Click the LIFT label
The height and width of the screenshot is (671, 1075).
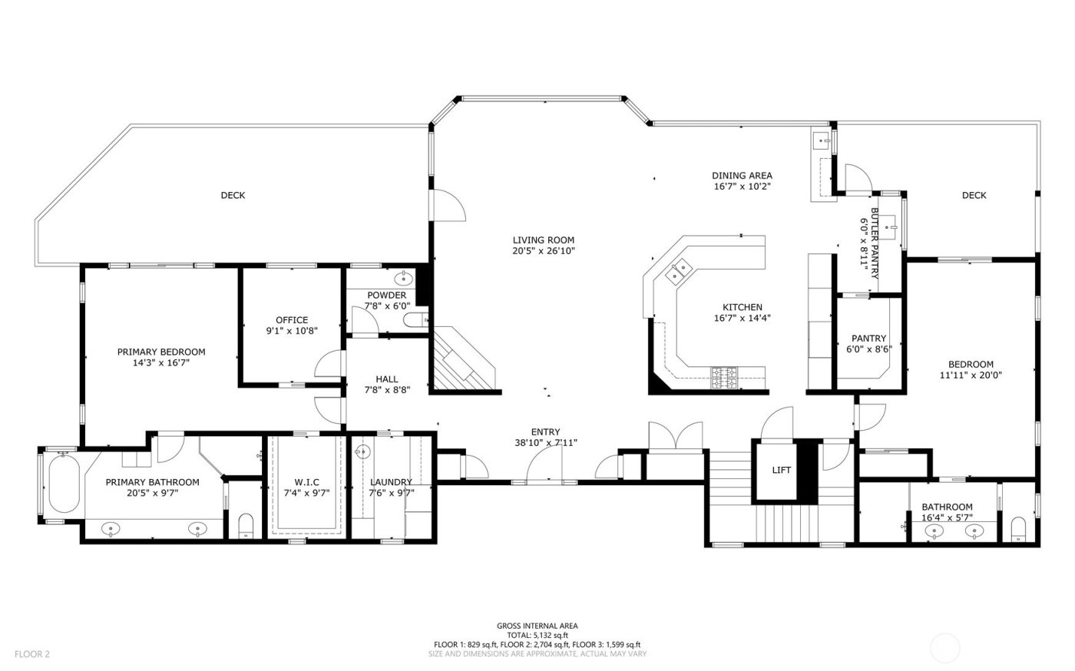click(x=782, y=471)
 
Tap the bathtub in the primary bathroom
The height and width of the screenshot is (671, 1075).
click(x=64, y=484)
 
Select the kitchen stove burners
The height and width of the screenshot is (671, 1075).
click(x=725, y=375)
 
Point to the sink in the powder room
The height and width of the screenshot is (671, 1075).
click(x=402, y=278)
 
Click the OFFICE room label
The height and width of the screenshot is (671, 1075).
click(x=292, y=320)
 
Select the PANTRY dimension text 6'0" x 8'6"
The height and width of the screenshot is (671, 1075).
click(x=868, y=349)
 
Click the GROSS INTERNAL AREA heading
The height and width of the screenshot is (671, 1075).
click(x=537, y=626)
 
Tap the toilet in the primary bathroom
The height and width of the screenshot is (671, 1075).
click(x=246, y=525)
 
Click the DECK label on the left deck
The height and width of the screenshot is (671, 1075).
click(x=233, y=195)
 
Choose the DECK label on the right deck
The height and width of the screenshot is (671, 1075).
click(x=974, y=195)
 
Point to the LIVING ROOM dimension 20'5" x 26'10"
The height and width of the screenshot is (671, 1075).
click(x=544, y=251)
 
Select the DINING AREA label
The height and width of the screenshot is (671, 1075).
click(x=742, y=175)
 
